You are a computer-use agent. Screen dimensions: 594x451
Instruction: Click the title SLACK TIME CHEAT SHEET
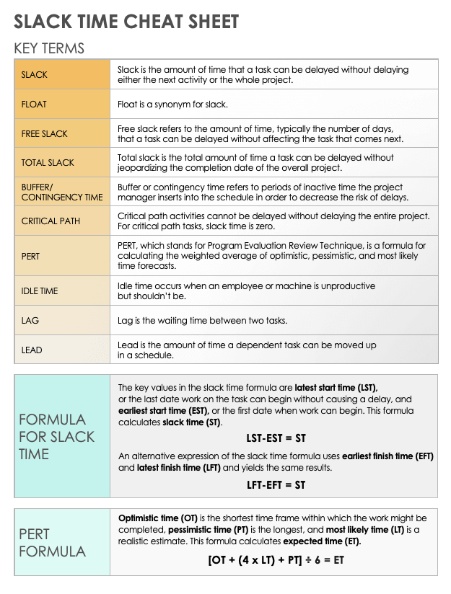[x=126, y=21]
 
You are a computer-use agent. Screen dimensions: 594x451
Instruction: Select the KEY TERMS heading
[x=49, y=48]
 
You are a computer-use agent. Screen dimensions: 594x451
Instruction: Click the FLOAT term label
[x=34, y=105]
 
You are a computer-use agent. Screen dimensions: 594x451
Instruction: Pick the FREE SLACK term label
[x=45, y=134]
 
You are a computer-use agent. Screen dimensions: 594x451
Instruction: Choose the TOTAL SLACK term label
[x=48, y=163]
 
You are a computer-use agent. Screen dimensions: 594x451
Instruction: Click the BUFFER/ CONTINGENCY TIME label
[x=62, y=192]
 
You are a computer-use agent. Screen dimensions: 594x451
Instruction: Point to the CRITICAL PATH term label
[x=51, y=221]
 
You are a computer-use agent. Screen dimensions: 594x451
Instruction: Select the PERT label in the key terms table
[x=31, y=256]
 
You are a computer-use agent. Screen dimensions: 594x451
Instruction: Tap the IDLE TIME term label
[x=40, y=291]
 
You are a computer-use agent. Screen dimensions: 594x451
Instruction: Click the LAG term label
[x=30, y=321]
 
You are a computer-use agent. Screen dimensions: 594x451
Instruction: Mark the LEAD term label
[x=32, y=350]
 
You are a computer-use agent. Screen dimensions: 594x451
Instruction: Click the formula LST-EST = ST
[x=276, y=438]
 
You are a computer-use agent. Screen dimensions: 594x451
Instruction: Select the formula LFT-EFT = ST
[x=276, y=484]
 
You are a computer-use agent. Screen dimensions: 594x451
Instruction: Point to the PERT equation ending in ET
[x=276, y=559]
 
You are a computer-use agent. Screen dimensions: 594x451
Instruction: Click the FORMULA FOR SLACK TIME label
[x=53, y=437]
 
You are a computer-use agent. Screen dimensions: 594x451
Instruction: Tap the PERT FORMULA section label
[x=52, y=543]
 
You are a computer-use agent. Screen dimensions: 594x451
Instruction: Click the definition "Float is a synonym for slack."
[x=172, y=105]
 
